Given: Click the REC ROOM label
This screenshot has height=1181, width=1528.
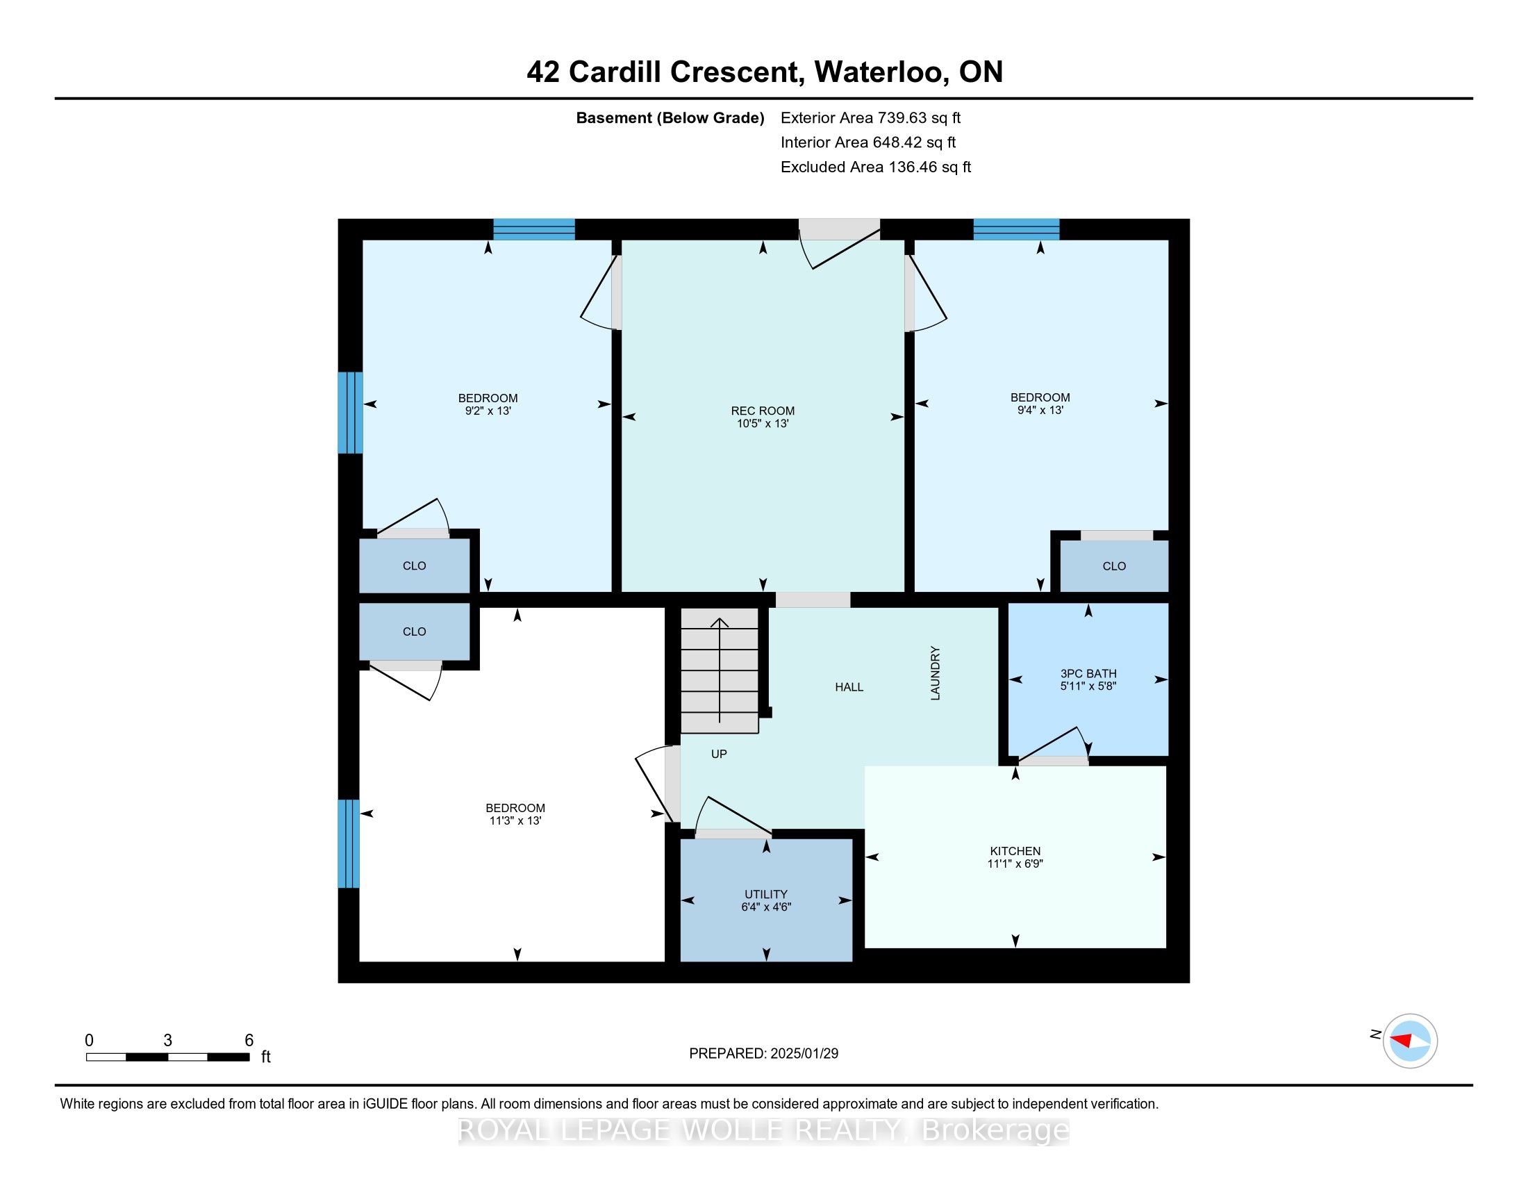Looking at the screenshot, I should pyautogui.click(x=763, y=411).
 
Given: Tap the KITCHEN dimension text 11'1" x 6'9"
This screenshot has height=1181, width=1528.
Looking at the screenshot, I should pyautogui.click(x=1015, y=864).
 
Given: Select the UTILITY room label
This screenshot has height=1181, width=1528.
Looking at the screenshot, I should pyautogui.click(x=766, y=894).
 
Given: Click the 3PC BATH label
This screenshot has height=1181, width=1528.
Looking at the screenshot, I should pyautogui.click(x=1088, y=674).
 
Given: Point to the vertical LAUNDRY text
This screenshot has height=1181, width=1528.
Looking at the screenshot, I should pyautogui.click(x=936, y=673).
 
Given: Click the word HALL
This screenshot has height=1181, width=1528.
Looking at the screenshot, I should pyautogui.click(x=849, y=687).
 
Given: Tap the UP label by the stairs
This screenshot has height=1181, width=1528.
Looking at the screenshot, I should pyautogui.click(x=719, y=754).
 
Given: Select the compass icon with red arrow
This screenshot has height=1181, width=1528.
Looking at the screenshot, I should pyautogui.click(x=1410, y=1041).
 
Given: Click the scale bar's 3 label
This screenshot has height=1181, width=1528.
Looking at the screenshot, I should pyautogui.click(x=168, y=1041).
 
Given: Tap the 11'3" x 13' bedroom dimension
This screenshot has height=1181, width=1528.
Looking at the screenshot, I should pyautogui.click(x=516, y=820).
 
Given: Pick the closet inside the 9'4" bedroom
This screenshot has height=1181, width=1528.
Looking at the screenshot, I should pyautogui.click(x=1114, y=566).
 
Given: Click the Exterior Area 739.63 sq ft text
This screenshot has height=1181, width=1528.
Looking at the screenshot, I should pyautogui.click(x=870, y=117).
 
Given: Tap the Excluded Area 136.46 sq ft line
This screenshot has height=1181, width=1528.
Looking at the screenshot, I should pyautogui.click(x=875, y=167).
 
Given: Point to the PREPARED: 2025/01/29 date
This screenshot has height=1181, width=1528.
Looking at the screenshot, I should pyautogui.click(x=763, y=1054).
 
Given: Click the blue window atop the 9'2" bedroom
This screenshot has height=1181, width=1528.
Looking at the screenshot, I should pyautogui.click(x=534, y=229).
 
